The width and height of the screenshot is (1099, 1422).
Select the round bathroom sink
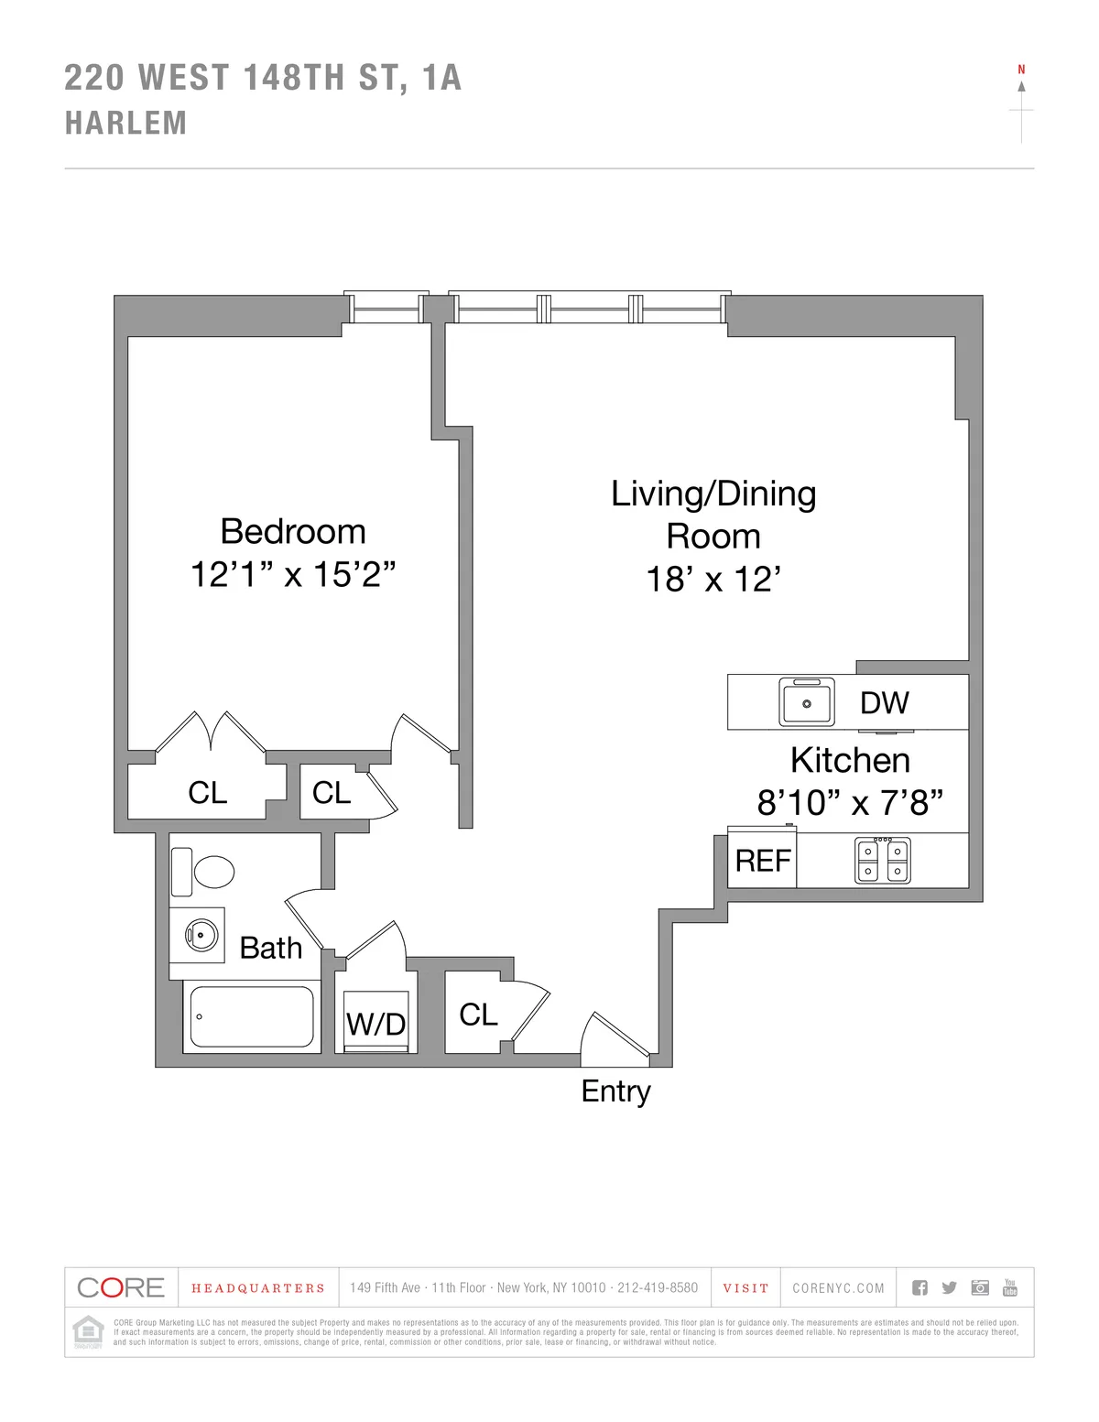point(199,935)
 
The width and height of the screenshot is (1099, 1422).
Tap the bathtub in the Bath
point(251,1017)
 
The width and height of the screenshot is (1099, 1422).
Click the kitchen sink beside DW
point(806,702)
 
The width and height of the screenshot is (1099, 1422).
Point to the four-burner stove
point(883,861)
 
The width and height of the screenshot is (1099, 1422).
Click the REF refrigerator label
point(763,861)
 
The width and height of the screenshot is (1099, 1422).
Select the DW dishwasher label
point(884,703)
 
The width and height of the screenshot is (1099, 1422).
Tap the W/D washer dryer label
point(375,1024)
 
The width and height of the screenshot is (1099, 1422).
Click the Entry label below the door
point(615,1091)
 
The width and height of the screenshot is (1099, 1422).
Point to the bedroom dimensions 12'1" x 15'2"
point(293,575)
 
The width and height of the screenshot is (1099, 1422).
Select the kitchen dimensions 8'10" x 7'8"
point(849,803)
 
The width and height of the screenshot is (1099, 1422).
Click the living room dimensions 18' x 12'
point(713,580)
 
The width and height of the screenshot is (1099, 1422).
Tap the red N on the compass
point(1021,70)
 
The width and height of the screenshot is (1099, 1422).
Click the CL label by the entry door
point(478,1015)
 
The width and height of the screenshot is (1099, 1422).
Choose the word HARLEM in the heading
point(125,124)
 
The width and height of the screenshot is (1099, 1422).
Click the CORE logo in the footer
point(121,1287)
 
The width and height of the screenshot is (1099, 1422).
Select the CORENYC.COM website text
point(838,1288)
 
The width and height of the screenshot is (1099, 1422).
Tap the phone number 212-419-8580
point(657,1288)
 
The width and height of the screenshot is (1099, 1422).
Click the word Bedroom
point(293,532)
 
